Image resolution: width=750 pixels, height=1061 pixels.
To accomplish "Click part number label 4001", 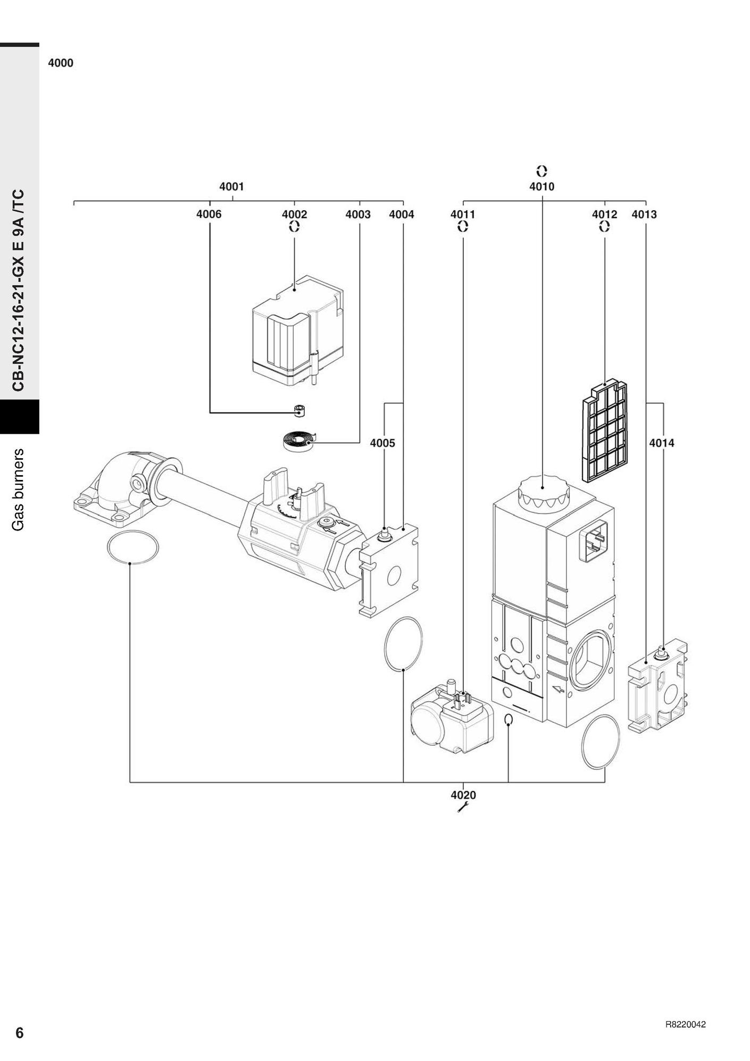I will click(231, 187).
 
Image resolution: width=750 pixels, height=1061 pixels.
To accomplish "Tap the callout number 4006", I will click(209, 214).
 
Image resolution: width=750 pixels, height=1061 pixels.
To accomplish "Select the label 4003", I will click(358, 214).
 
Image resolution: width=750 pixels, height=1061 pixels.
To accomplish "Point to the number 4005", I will click(382, 443).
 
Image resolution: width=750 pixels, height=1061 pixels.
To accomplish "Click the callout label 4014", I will click(662, 443).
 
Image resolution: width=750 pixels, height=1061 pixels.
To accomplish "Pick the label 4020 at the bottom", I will click(463, 795).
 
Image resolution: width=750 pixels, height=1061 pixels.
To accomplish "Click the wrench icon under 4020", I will click(462, 808).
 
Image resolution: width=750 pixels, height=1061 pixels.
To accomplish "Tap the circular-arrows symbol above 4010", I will click(541, 171).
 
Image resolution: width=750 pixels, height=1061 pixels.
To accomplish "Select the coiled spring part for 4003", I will click(297, 441).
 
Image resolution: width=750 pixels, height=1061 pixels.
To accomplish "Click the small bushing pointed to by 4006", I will click(299, 410).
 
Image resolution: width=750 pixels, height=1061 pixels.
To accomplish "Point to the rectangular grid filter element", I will click(604, 431).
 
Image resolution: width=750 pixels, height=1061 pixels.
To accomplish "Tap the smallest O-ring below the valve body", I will click(509, 720).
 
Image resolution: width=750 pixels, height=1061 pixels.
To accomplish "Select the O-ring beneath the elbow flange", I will click(132, 548).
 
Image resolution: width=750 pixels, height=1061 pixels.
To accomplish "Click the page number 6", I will click(20, 1033).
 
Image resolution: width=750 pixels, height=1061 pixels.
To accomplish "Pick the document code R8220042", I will click(685, 1025).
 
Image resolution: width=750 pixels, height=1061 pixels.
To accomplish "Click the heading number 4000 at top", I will click(61, 63).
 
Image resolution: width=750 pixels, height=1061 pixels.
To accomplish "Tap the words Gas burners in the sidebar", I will click(19, 489).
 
